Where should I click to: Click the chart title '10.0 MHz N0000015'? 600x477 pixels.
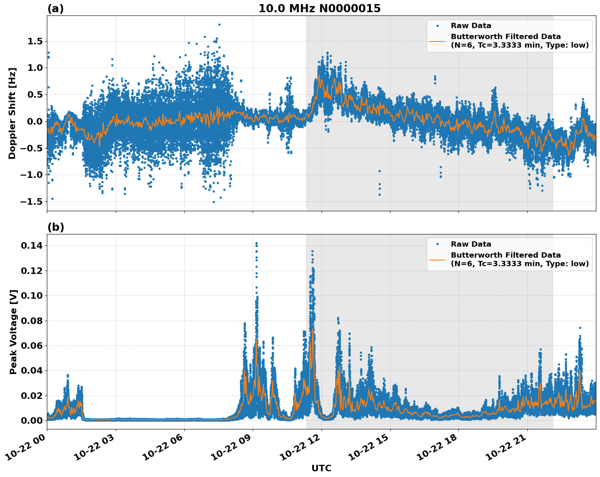click(319, 9)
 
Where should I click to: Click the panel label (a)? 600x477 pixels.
click(55, 9)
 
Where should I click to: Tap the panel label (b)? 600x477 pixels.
click(55, 227)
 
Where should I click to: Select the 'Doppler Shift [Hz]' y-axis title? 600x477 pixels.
click(12, 113)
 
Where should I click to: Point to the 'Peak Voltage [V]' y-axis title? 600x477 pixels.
click(13, 332)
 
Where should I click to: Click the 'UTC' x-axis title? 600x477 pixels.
click(321, 468)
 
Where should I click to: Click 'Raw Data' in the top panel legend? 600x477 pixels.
click(471, 26)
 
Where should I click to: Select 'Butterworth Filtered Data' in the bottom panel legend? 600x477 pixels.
click(505, 255)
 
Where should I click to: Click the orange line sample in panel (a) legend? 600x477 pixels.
click(437, 41)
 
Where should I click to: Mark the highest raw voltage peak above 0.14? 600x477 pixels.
click(256, 243)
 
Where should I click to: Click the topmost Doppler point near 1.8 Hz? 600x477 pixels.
click(219, 24)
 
